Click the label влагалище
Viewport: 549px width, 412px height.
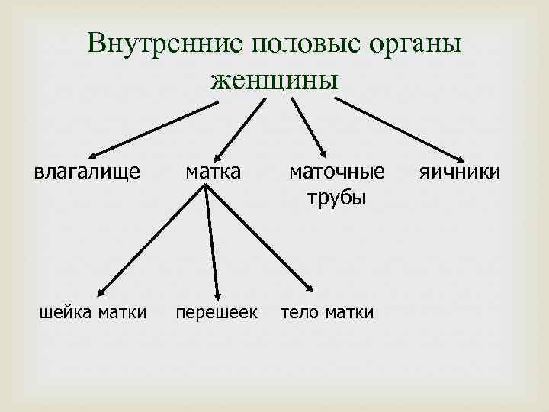(87, 172)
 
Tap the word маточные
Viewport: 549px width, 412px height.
(336, 172)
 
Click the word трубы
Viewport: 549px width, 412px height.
(336, 198)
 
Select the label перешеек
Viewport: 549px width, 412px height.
(217, 312)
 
